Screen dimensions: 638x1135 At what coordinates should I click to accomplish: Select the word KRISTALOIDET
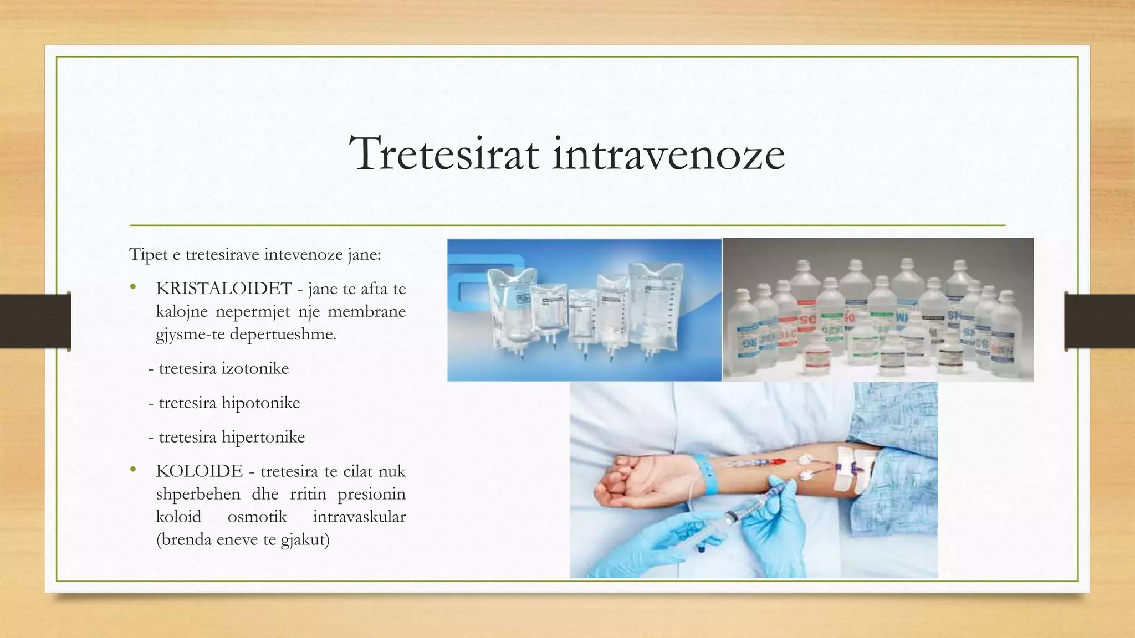[224, 289]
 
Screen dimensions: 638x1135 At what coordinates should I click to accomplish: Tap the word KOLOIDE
[200, 471]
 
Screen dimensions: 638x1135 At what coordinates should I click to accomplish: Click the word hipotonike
[260, 403]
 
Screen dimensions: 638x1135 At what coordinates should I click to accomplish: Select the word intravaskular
[359, 517]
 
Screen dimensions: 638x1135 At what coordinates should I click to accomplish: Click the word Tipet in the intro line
[147, 255]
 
